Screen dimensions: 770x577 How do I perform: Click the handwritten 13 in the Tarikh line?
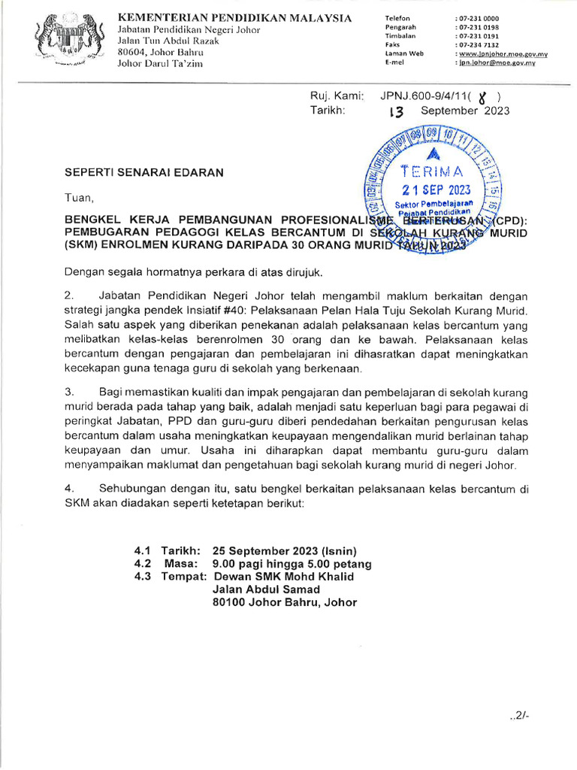pos(396,111)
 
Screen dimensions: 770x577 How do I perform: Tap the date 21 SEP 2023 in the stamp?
pos(436,189)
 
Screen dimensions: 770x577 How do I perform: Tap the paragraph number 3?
pos(68,393)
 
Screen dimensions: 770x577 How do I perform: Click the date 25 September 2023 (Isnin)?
pos(285,550)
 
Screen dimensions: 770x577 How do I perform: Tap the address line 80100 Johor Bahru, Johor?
pos(285,602)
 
